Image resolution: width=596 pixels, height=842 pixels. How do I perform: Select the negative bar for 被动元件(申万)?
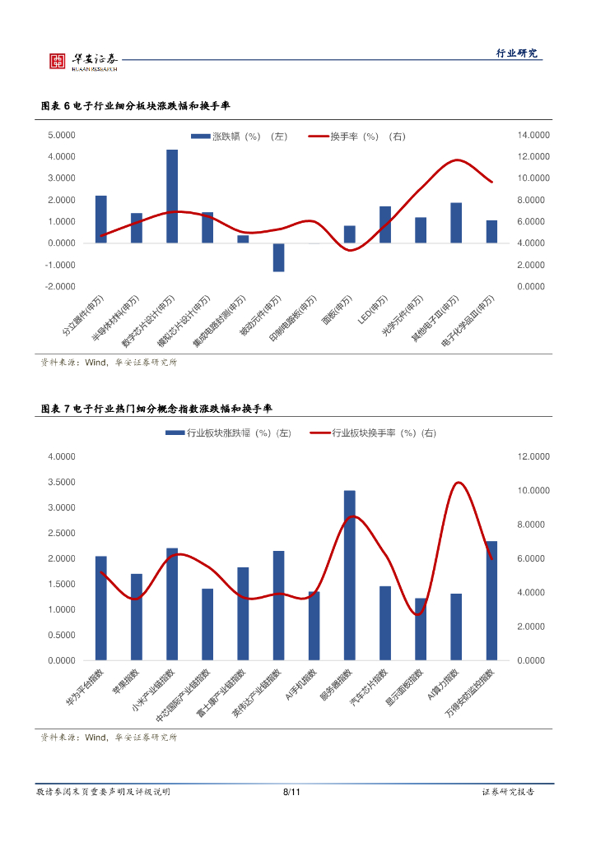pos(278,257)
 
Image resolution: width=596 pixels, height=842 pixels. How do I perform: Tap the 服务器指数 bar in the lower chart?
pos(350,575)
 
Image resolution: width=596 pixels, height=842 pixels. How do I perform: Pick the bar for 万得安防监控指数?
pos(491,600)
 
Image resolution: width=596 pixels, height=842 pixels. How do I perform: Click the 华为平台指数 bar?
pos(100,608)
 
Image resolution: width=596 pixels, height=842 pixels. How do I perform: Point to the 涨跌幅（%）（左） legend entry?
pos(239,136)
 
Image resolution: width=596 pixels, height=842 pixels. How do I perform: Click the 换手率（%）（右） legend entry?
pos(356,136)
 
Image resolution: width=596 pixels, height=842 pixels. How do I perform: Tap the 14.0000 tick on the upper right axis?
pos(533,135)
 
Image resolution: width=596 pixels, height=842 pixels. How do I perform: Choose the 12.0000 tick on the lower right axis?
pos(533,456)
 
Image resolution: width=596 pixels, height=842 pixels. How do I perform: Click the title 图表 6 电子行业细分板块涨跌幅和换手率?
pos(136,107)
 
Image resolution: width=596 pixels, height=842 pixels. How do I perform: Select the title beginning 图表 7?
pos(156,409)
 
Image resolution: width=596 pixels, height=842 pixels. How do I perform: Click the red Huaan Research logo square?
pos(58,61)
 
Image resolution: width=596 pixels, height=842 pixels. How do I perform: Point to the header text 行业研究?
pos(517,53)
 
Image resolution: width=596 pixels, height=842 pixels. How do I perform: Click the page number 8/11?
pos(291,792)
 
